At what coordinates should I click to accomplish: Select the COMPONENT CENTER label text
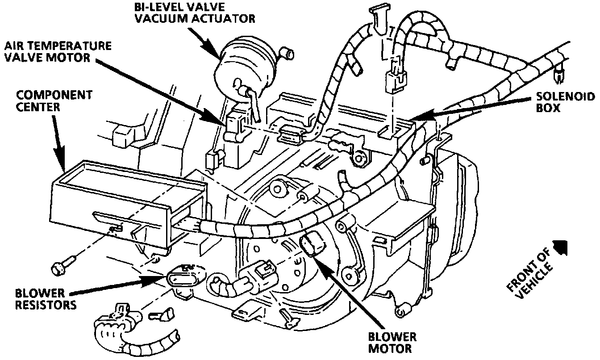point(54,100)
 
